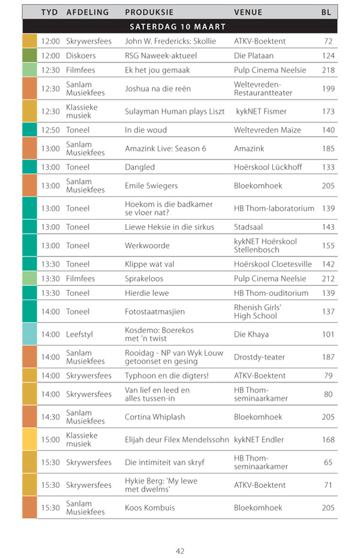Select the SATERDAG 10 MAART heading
[178, 27]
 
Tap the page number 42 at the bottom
[180, 551]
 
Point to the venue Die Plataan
[254, 56]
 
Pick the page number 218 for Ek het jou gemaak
[328, 70]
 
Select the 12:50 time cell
[50, 130]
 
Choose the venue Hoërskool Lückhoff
[268, 167]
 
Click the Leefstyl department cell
[80, 335]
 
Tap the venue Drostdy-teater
[259, 358]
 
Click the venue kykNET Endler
[259, 440]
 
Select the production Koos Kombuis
[149, 508]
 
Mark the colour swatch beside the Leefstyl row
[29, 335]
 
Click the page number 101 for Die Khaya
[328, 335]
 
